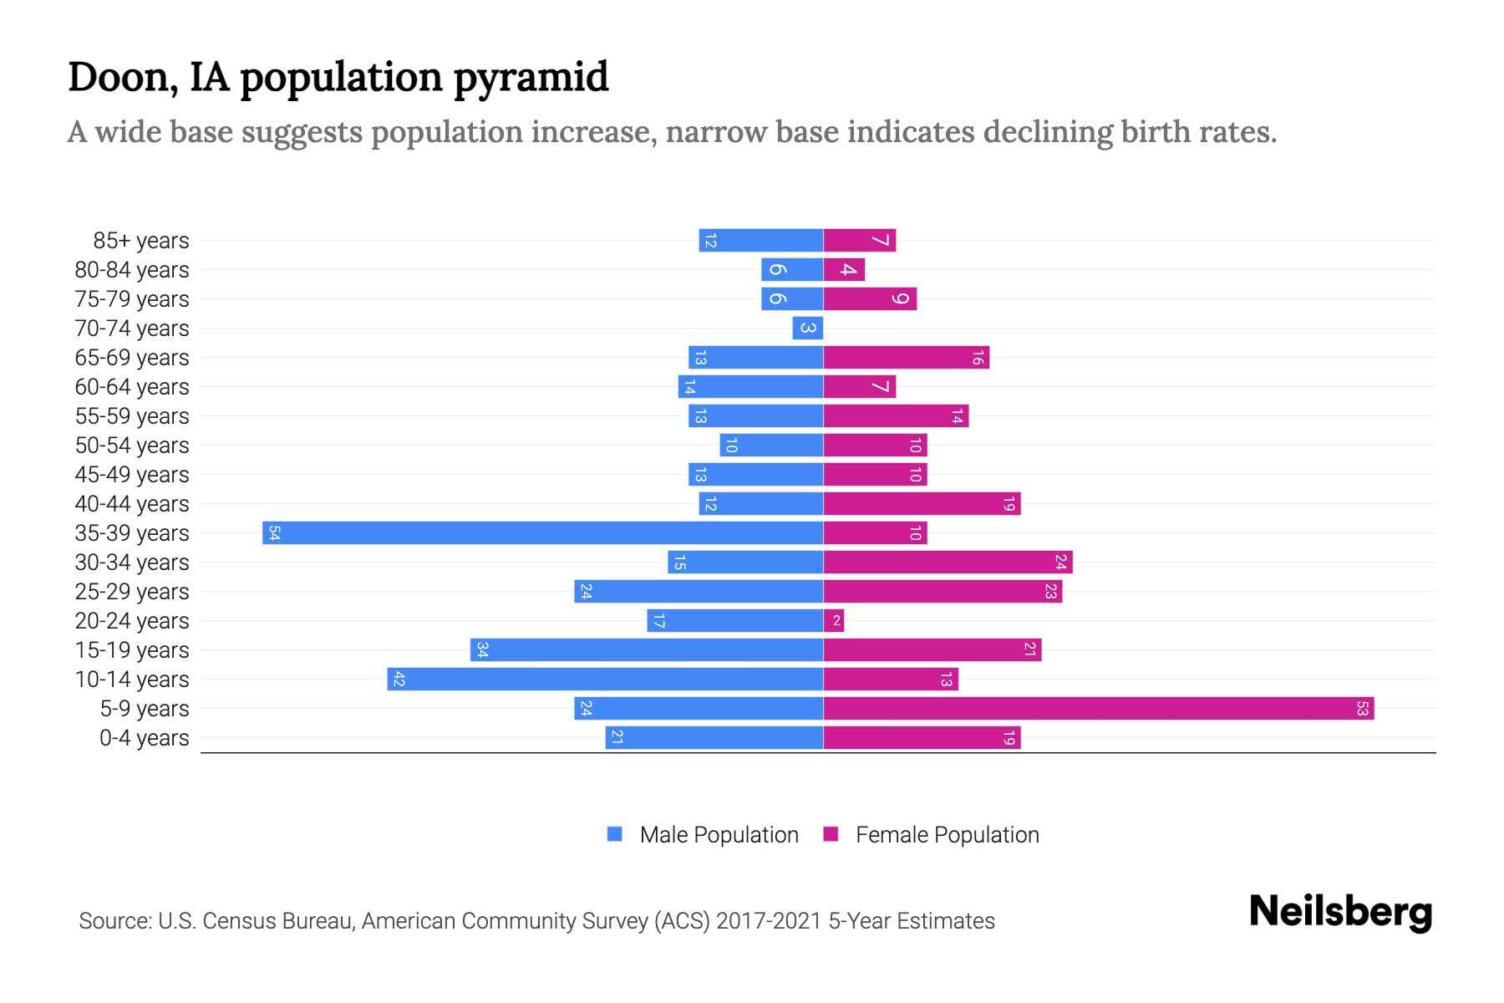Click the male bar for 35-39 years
[x=543, y=532]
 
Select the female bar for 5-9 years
[x=1099, y=709]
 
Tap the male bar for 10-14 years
[x=605, y=679]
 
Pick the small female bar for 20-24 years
[x=834, y=620]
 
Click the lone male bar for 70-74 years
[x=808, y=328]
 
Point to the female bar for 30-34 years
[x=948, y=562]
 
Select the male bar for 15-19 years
[x=647, y=649]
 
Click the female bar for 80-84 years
[x=844, y=269]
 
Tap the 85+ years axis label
[x=141, y=241]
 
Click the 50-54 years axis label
[x=132, y=445]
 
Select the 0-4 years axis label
[x=144, y=738]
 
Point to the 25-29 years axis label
[x=132, y=592]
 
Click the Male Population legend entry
[x=703, y=834]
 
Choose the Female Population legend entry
[x=931, y=834]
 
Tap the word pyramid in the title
[x=531, y=78]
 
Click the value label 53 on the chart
[x=1362, y=709]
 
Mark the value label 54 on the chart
[x=274, y=532]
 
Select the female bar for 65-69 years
[x=906, y=357]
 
